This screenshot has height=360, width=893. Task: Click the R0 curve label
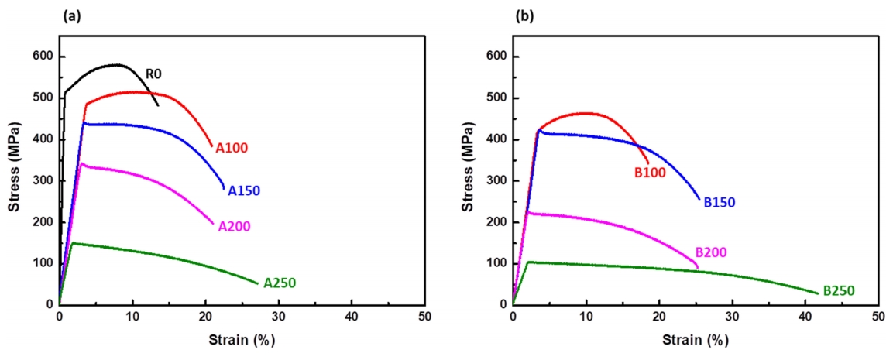coord(153,74)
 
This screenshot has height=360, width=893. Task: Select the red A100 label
coord(232,147)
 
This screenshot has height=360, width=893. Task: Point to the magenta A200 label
coord(234,226)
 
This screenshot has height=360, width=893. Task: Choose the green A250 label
coord(280,283)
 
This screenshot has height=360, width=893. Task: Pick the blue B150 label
coord(720,202)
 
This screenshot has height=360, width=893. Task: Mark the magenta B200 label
coord(711,252)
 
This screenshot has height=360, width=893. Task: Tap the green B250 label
coord(839,290)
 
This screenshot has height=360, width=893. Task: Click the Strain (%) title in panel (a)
coord(242,340)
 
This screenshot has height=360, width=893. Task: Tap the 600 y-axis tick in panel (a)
coord(43,57)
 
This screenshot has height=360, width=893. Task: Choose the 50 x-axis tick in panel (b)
coord(878,317)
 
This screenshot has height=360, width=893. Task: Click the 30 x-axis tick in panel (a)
coord(279,317)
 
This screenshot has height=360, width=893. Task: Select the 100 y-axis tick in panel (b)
coord(496,263)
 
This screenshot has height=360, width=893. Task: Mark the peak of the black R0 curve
coord(116,64)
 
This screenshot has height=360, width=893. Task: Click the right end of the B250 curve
coord(818,293)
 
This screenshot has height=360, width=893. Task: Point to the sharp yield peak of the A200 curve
coord(81,163)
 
